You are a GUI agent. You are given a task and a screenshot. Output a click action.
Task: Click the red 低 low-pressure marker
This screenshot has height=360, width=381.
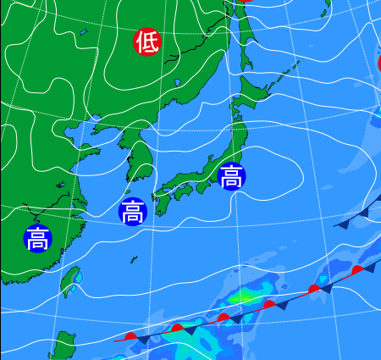coord(146,42)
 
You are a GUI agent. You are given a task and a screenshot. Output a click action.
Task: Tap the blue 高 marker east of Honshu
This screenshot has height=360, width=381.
coord(231,176)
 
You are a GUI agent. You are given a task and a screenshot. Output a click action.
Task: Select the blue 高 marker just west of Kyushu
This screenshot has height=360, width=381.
coord(132,212)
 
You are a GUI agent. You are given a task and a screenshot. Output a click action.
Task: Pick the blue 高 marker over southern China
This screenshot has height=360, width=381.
coord(37,240)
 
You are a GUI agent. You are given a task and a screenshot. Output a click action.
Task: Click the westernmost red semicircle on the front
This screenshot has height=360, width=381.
coord(130,336)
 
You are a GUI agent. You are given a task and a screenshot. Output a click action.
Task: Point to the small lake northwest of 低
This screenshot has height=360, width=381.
coord(84,33)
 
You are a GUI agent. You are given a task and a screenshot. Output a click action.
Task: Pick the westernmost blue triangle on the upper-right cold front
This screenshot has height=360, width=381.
coord(344,225)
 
